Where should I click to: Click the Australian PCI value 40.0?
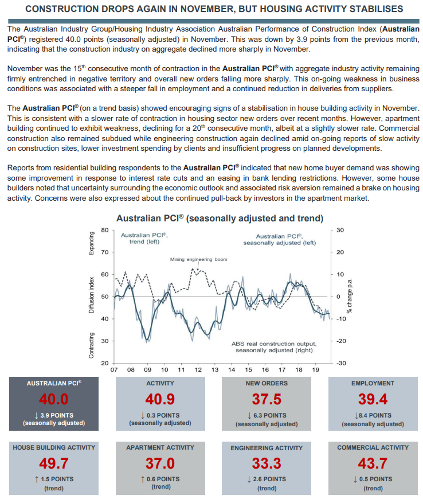click(x=53, y=399)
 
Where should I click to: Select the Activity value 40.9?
click(x=160, y=399)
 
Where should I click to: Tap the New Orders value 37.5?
click(x=267, y=399)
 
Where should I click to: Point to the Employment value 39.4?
click(x=373, y=399)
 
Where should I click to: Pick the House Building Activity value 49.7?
click(x=53, y=463)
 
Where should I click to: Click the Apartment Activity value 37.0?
click(x=160, y=463)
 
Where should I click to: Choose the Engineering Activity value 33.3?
click(x=267, y=463)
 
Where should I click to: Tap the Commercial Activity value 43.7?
click(x=373, y=463)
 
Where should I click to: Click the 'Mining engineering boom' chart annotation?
click(x=198, y=259)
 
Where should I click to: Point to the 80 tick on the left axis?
click(x=104, y=230)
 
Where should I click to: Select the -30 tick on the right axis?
click(x=340, y=364)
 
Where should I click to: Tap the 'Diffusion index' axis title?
click(x=92, y=297)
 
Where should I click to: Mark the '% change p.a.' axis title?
click(x=349, y=297)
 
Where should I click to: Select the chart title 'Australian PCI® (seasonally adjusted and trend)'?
click(x=220, y=219)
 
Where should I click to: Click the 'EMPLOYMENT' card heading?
click(x=373, y=383)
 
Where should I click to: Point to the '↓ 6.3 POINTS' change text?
click(x=267, y=415)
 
